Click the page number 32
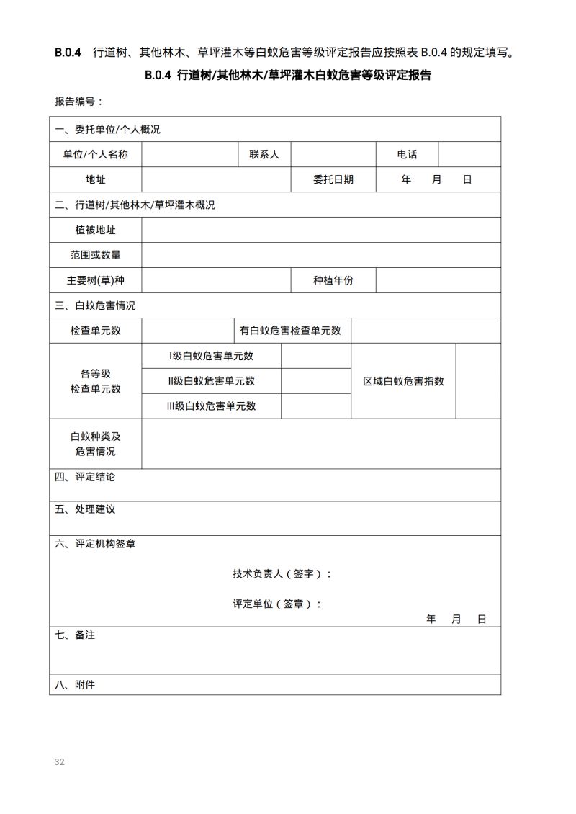click(x=60, y=762)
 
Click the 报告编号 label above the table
click(x=79, y=102)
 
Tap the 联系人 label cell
click(x=264, y=154)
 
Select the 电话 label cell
click(x=407, y=154)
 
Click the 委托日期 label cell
click(x=333, y=179)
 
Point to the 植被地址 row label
click(x=95, y=230)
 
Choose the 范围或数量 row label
click(x=95, y=255)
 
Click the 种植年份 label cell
click(x=333, y=280)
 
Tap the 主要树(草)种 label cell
click(x=95, y=280)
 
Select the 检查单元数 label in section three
click(x=95, y=331)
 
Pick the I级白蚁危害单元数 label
click(x=211, y=356)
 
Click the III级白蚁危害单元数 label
click(x=211, y=406)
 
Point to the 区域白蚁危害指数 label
click(x=403, y=381)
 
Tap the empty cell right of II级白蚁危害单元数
click(x=315, y=381)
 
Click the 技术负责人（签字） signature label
click(x=282, y=574)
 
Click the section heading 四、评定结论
click(x=85, y=477)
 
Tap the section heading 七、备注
click(x=75, y=635)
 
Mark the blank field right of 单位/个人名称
click(x=189, y=154)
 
